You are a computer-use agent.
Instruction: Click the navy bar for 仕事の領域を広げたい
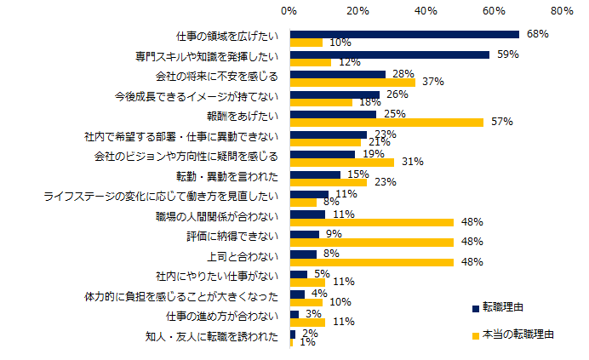(404, 35)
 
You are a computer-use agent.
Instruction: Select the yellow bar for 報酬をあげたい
(386, 122)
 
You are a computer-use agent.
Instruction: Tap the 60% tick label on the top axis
(493, 12)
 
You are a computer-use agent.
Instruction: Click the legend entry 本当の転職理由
(518, 334)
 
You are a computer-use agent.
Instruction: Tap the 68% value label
(537, 35)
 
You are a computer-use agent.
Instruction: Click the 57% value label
(501, 122)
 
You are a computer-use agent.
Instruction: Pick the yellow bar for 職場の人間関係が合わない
(372, 222)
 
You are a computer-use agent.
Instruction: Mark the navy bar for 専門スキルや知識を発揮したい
(390, 54)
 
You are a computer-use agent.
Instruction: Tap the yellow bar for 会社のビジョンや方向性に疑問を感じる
(342, 162)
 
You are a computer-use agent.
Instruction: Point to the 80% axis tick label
(561, 12)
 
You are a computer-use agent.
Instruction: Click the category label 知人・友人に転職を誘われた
(214, 336)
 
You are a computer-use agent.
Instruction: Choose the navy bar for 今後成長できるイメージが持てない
(335, 94)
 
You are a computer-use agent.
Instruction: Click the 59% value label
(507, 54)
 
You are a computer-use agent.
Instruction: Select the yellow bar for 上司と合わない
(372, 262)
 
